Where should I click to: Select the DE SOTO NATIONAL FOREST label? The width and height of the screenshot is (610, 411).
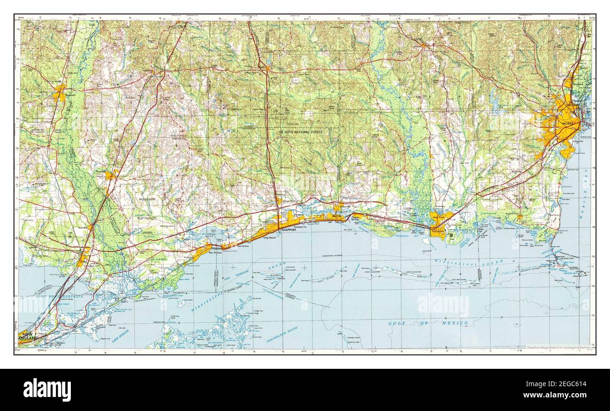click(x=301, y=133)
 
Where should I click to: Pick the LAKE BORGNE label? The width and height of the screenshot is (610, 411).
click(x=121, y=336)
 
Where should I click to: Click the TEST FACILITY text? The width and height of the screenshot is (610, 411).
click(x=147, y=218)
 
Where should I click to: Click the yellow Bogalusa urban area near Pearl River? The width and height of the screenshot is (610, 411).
click(x=59, y=93)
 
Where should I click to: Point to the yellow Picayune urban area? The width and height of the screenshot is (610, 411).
click(x=111, y=175)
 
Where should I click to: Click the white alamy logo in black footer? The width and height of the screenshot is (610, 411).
click(x=47, y=389)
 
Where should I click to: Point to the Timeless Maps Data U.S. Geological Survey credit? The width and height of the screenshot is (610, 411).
click(x=558, y=348)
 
